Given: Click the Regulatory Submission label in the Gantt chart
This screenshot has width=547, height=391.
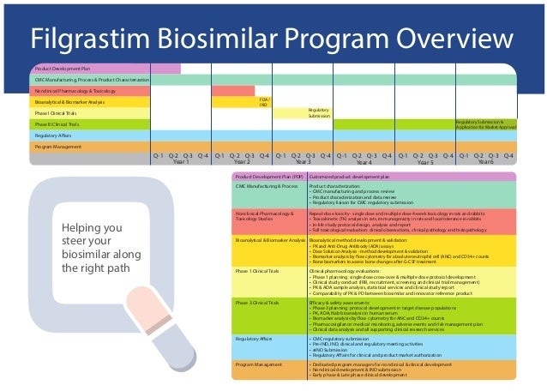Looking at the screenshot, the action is click(x=319, y=113).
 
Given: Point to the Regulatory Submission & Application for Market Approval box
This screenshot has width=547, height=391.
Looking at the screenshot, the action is click(x=486, y=124).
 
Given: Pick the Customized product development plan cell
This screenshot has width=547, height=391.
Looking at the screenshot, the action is click(x=412, y=175).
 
